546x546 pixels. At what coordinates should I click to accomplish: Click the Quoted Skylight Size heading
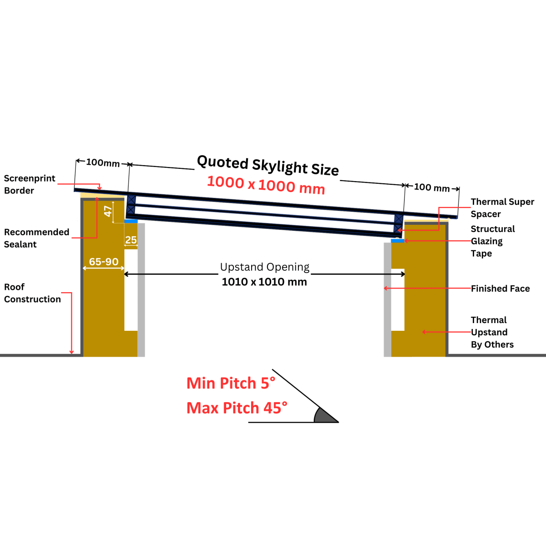[x=268, y=165]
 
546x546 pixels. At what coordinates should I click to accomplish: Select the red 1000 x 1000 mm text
[x=266, y=185]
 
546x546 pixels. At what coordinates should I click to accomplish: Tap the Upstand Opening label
[x=265, y=267]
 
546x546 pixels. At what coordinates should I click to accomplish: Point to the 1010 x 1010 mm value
[x=264, y=282]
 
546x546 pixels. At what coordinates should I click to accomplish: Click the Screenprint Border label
[x=30, y=184]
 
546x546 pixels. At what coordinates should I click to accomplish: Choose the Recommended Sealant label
[x=36, y=238]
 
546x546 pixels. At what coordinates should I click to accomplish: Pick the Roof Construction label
[x=32, y=293]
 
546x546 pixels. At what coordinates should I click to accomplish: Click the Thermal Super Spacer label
[x=502, y=207]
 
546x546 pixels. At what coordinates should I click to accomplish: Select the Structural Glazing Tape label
[x=493, y=241]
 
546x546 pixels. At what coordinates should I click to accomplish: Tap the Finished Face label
[x=500, y=288]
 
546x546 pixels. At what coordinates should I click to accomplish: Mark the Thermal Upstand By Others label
[x=492, y=332]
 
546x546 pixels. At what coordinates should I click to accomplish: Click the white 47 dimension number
[x=108, y=211]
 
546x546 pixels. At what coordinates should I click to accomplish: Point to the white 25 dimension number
[x=131, y=240]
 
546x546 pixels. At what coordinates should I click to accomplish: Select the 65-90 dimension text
[x=104, y=262]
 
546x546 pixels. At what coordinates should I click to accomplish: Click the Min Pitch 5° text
[x=231, y=383]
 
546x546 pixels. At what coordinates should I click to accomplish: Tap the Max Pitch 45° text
[x=237, y=408]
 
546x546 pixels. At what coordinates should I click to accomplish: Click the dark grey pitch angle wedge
[x=324, y=416]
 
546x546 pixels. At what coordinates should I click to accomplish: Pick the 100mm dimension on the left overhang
[x=103, y=162]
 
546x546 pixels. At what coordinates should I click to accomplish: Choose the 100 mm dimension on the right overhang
[x=432, y=187]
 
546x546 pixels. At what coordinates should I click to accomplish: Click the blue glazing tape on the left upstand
[x=131, y=221]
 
